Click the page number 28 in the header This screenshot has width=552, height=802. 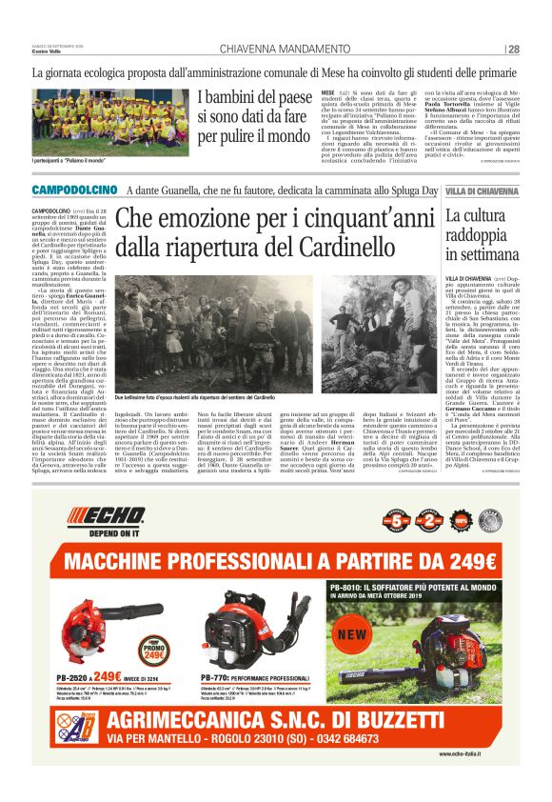pos(513,50)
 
